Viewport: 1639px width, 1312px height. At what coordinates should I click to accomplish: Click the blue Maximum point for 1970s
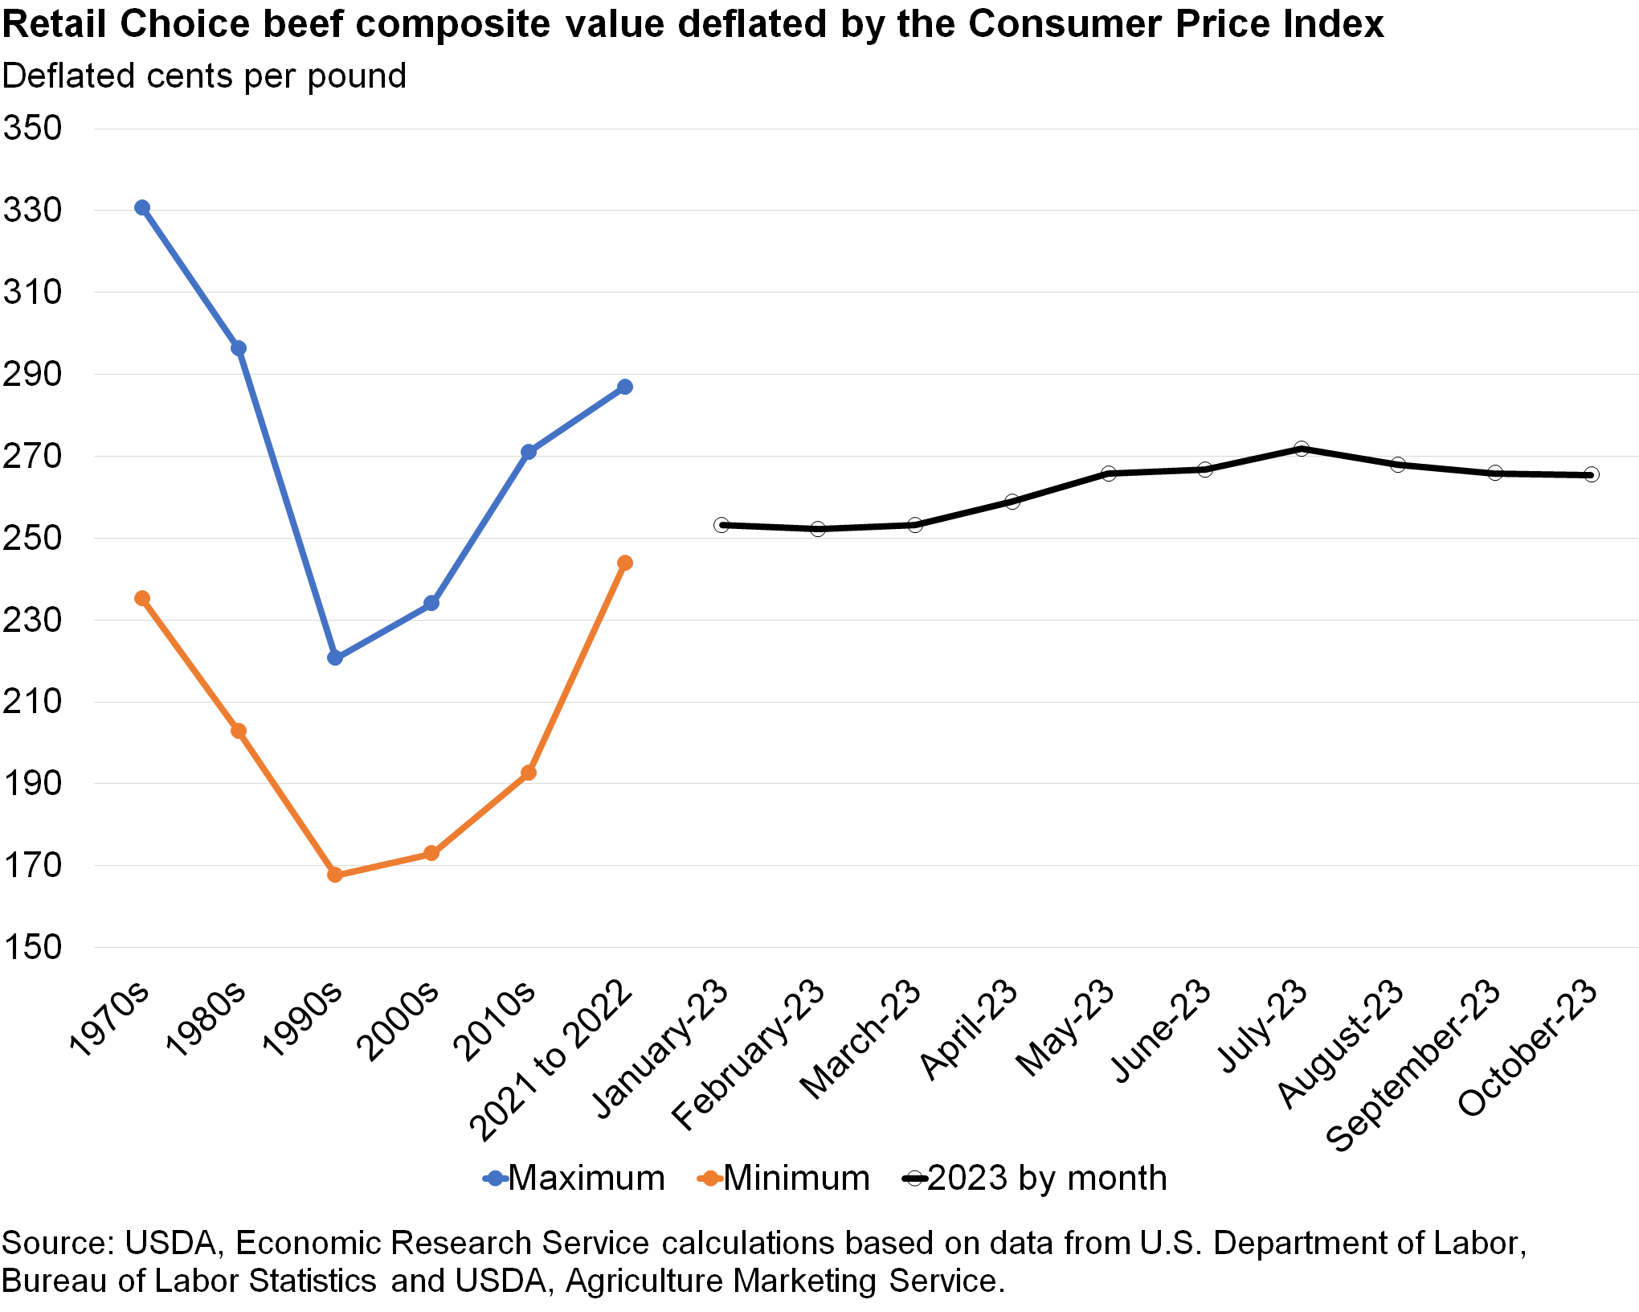[x=142, y=208]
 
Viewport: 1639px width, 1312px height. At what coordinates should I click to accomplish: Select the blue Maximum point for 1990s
[x=335, y=658]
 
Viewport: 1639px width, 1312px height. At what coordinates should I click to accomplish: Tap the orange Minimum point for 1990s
[x=335, y=875]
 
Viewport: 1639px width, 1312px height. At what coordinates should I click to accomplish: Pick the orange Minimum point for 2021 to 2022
[x=625, y=563]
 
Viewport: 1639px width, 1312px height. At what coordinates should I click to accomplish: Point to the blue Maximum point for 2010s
[x=528, y=452]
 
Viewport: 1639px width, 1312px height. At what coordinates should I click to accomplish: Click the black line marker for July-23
[x=1302, y=449]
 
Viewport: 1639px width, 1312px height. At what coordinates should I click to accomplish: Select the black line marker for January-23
[x=721, y=525]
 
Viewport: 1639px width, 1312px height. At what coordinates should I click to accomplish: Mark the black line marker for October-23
[x=1592, y=475]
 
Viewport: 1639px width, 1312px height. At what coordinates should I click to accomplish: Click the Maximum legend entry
[x=574, y=1179]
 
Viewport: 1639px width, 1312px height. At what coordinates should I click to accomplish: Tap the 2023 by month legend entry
[x=1035, y=1179]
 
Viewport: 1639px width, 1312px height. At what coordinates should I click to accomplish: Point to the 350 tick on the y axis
[x=33, y=129]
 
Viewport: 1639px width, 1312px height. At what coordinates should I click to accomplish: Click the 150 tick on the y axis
[x=33, y=947]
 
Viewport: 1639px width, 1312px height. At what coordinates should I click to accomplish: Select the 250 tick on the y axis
[x=33, y=538]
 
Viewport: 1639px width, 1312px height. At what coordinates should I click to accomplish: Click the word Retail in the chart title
[x=55, y=24]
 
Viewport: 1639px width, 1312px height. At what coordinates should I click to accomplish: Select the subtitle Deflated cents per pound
[x=204, y=76]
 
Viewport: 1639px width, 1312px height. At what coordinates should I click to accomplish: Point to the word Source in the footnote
[x=56, y=1243]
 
